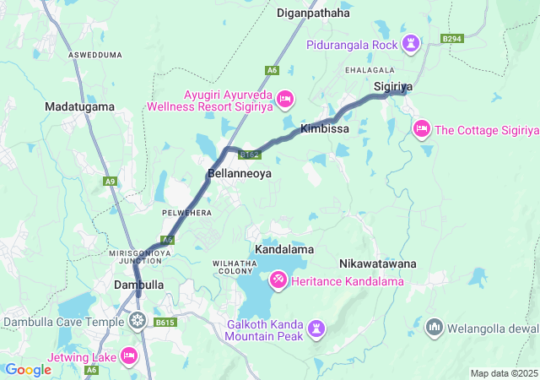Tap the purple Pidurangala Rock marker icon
pyautogui.click(x=411, y=43)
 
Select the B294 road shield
pyautogui.click(x=452, y=39)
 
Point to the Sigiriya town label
pyautogui.click(x=392, y=87)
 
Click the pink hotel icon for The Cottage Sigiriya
pyautogui.click(x=421, y=128)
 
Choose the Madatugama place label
pyautogui.click(x=79, y=107)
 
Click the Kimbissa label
pyautogui.click(x=325, y=129)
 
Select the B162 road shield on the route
pyautogui.click(x=248, y=155)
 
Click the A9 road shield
pyautogui.click(x=110, y=181)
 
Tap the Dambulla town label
pyautogui.click(x=138, y=285)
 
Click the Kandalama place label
pyautogui.click(x=283, y=250)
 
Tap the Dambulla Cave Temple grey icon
pyautogui.click(x=138, y=320)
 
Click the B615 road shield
pyautogui.click(x=165, y=322)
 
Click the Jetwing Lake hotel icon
pyautogui.click(x=129, y=356)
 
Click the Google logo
pyautogui.click(x=29, y=369)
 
